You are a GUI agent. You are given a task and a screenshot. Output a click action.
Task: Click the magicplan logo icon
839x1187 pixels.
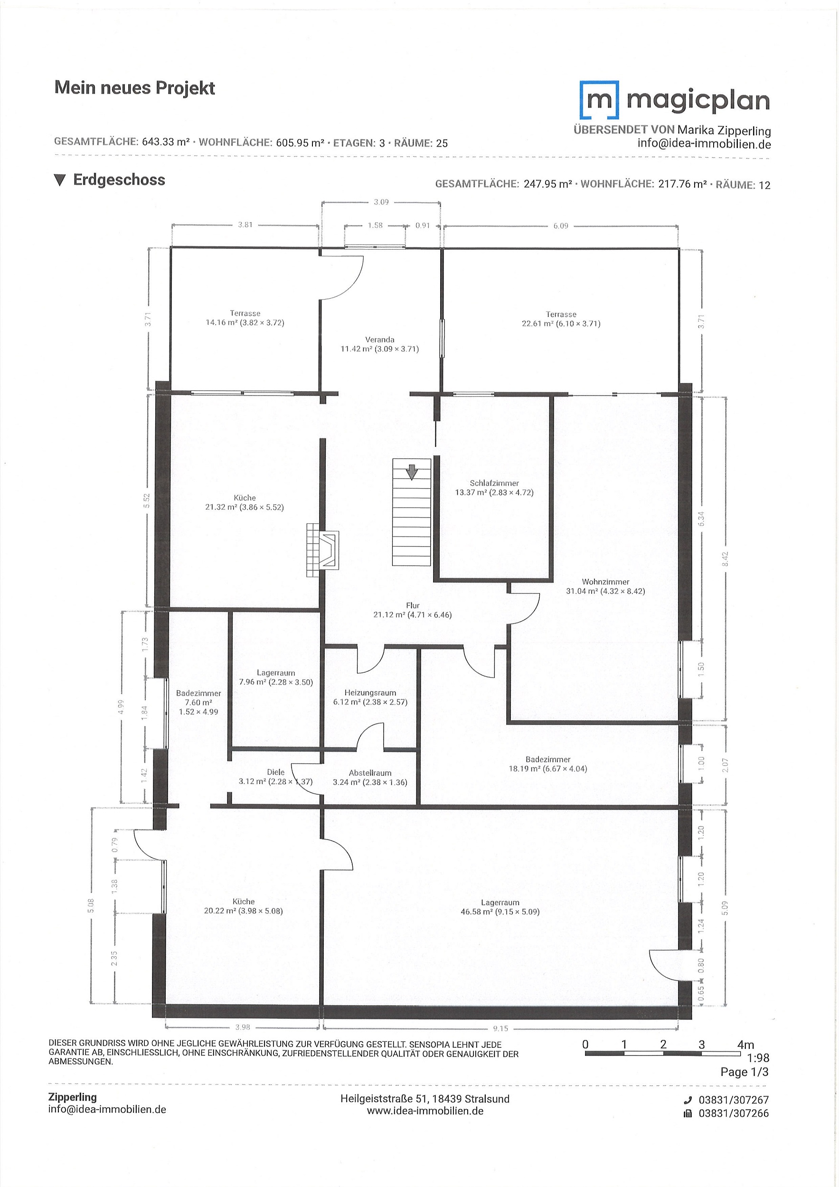click(599, 100)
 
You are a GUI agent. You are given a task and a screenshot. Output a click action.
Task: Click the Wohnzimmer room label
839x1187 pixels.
click(605, 586)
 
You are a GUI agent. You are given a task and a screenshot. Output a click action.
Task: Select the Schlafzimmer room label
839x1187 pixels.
click(494, 488)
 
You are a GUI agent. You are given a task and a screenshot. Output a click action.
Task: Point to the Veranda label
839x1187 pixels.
click(379, 344)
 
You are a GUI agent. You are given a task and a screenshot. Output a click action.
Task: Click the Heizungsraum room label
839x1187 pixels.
click(370, 697)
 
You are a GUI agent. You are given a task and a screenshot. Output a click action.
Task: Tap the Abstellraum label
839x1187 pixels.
click(370, 778)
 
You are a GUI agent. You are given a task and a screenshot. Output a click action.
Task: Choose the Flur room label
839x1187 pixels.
click(413, 610)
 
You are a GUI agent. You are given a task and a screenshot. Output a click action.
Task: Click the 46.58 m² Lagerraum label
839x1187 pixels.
click(500, 907)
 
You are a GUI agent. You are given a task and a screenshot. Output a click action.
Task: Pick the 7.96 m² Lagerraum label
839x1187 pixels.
click(276, 677)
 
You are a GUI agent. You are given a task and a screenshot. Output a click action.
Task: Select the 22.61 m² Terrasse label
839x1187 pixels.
click(561, 319)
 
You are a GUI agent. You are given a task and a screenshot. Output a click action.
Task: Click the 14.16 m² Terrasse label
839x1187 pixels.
click(245, 318)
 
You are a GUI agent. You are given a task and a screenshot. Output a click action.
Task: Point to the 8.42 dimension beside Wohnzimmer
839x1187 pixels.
click(725, 559)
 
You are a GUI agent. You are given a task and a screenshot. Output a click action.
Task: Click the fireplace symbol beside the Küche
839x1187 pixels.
click(322, 550)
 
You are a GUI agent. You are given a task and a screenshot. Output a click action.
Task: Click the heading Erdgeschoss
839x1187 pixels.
click(119, 179)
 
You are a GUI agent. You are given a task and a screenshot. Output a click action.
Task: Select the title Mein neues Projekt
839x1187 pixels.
click(134, 88)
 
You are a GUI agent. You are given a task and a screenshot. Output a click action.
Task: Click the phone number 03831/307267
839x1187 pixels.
click(734, 1100)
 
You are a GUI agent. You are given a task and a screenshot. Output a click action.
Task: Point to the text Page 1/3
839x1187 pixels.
click(745, 1072)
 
